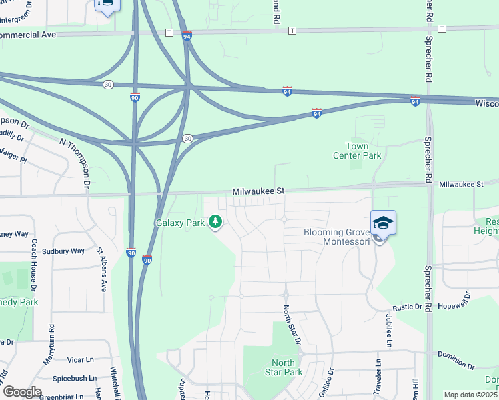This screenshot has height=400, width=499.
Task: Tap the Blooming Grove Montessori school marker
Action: [x=383, y=223]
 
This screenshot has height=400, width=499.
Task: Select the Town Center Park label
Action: [x=357, y=151]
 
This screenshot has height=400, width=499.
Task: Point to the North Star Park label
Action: [x=284, y=367]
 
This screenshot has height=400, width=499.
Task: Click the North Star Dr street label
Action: [x=292, y=325]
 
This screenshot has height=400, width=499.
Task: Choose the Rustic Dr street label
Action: [x=408, y=307]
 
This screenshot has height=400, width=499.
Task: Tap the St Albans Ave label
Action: [x=101, y=270]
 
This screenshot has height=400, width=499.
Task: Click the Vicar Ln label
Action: [x=81, y=359]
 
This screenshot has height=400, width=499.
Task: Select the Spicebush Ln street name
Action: [x=75, y=378]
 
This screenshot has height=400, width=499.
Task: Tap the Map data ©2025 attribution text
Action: [x=470, y=395]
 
